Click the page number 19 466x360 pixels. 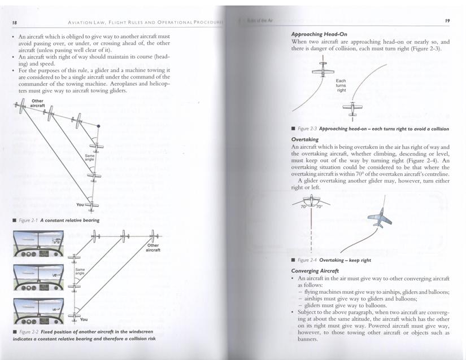pyautogui.click(x=447, y=21)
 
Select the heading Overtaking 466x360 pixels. pyautogui.click(x=305, y=139)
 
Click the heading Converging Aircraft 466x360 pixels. pyautogui.click(x=315, y=271)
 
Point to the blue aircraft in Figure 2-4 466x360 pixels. pyautogui.click(x=378, y=218)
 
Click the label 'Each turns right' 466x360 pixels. pyautogui.click(x=341, y=85)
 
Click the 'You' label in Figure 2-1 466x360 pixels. pyautogui.click(x=80, y=204)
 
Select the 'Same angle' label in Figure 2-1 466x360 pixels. pyautogui.click(x=89, y=157)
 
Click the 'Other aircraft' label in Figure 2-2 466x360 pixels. pyautogui.click(x=153, y=247)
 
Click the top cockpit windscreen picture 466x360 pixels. pyautogui.click(x=38, y=245)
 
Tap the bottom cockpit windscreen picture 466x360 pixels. pyautogui.click(x=38, y=309)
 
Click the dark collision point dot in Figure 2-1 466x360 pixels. pyautogui.click(x=98, y=126)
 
